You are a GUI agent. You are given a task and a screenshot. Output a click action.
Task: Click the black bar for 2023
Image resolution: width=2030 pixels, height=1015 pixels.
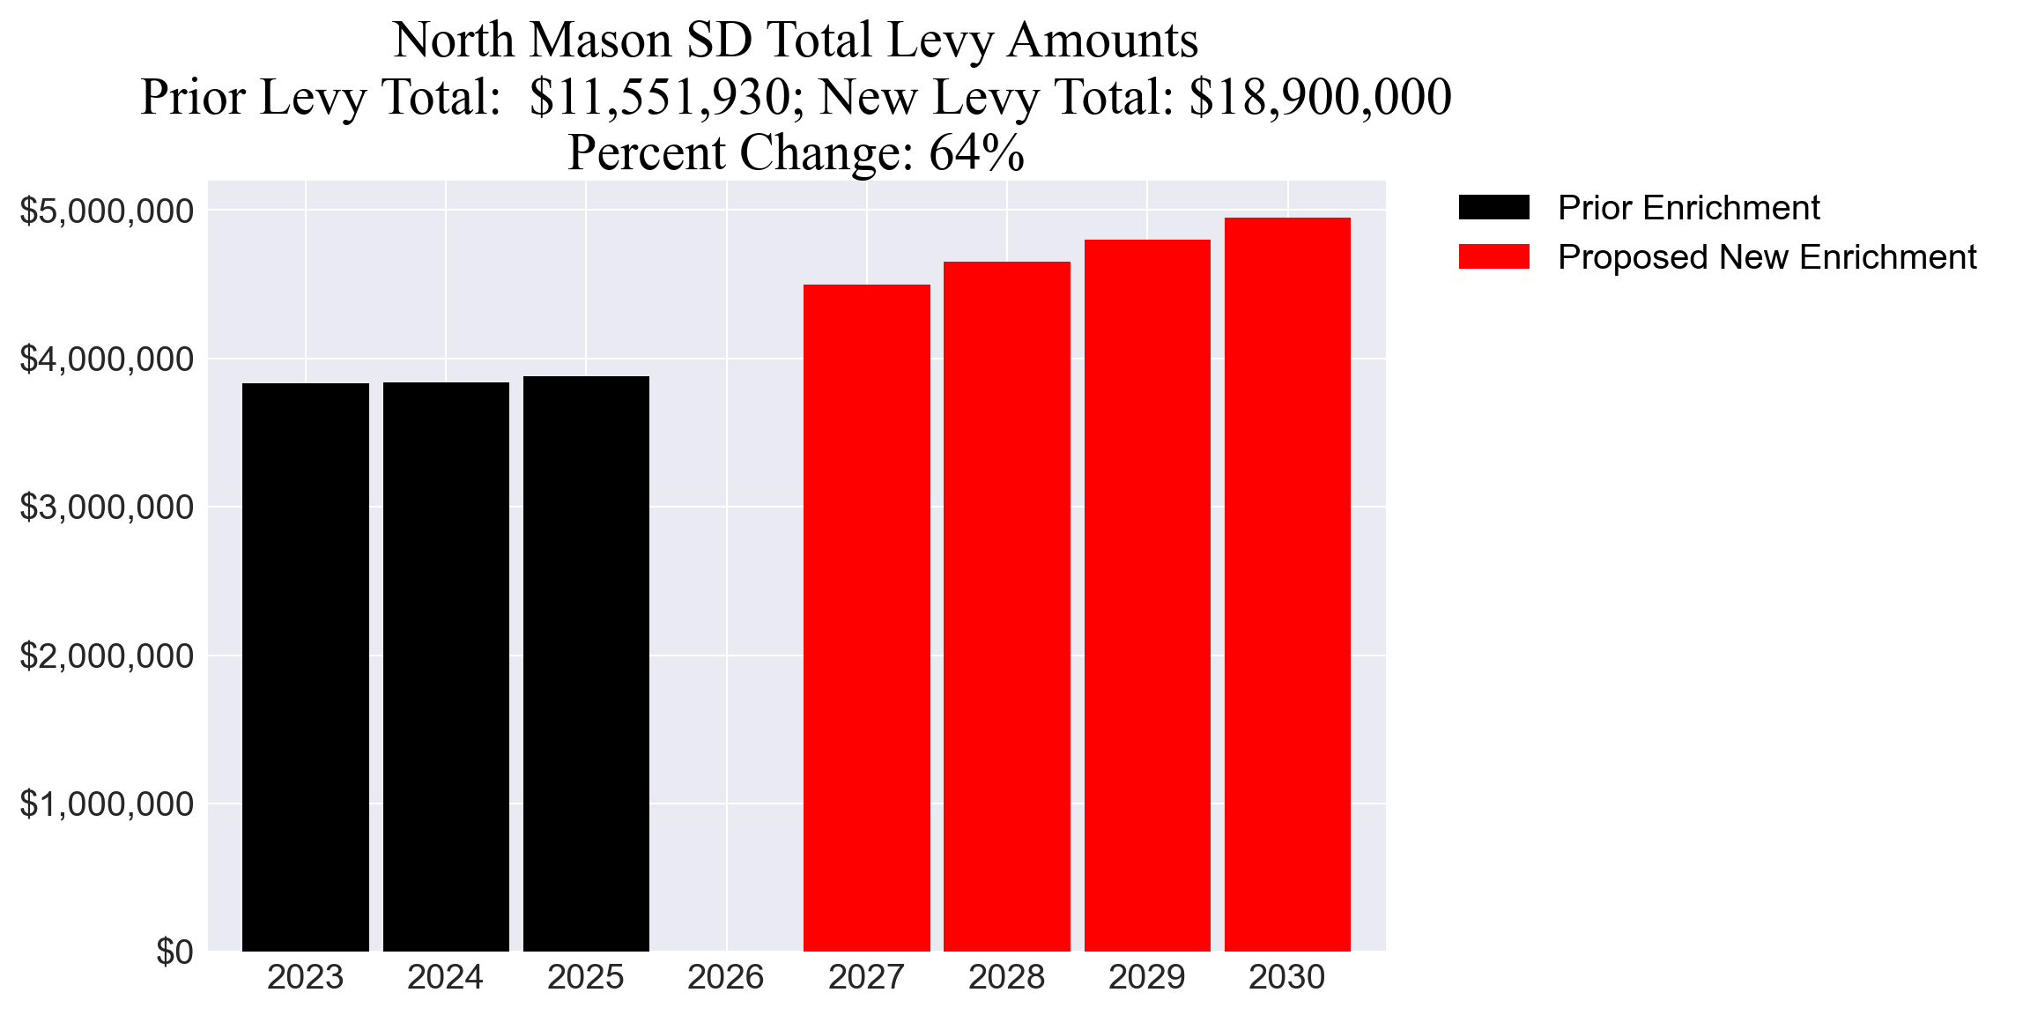tap(305, 667)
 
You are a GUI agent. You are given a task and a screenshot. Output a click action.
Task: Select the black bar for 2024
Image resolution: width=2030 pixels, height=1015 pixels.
tap(446, 667)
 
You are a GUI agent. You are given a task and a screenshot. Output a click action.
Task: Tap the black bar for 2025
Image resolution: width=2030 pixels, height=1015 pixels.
tap(586, 663)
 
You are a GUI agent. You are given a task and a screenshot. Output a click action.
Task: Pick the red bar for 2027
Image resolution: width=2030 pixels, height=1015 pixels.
tap(866, 618)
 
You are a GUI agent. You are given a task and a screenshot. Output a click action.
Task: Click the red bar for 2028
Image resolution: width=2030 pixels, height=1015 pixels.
tap(1006, 606)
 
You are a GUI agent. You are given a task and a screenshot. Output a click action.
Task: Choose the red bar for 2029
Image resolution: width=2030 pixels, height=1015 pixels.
tap(1147, 596)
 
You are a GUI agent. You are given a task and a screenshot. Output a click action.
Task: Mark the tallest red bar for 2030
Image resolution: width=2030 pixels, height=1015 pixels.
tap(1287, 584)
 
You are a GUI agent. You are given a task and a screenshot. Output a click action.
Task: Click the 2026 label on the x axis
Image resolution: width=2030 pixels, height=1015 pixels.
tap(725, 977)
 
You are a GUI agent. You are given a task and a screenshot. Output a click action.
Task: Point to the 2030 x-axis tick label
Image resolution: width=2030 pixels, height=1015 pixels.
tap(1286, 977)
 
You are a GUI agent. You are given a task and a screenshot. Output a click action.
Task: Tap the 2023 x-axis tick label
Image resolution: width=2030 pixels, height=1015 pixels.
tap(305, 977)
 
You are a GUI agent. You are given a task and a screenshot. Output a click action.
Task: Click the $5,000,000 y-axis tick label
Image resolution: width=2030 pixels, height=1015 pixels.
tap(106, 211)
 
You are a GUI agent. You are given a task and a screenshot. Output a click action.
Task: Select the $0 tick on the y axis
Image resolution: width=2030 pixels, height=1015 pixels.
tap(174, 952)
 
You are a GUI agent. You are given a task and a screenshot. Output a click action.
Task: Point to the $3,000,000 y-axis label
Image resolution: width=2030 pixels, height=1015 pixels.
tap(106, 507)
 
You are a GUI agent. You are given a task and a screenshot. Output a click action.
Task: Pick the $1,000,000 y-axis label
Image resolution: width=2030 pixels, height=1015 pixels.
tap(106, 804)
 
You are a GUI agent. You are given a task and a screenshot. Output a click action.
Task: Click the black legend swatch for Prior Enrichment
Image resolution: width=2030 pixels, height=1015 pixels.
tap(1493, 208)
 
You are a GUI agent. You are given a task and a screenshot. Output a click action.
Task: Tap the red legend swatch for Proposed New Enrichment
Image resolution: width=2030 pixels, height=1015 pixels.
tap(1493, 257)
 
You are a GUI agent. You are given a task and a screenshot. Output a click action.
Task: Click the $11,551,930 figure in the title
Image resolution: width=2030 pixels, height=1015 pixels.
tap(660, 97)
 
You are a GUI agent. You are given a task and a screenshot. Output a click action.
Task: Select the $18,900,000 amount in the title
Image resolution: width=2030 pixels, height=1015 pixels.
tap(1320, 97)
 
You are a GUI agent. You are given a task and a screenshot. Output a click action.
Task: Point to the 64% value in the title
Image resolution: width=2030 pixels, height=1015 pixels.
tap(976, 153)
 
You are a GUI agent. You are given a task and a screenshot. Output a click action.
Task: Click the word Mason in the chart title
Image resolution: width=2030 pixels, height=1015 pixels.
tap(603, 41)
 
